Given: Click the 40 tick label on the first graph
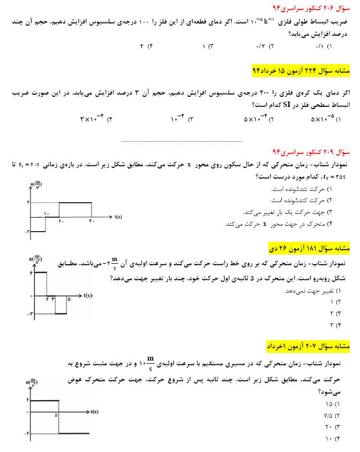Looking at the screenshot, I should (x=91, y=221).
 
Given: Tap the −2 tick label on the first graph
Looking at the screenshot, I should (x=28, y=231).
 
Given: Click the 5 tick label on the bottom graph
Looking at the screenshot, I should (x=56, y=415).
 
